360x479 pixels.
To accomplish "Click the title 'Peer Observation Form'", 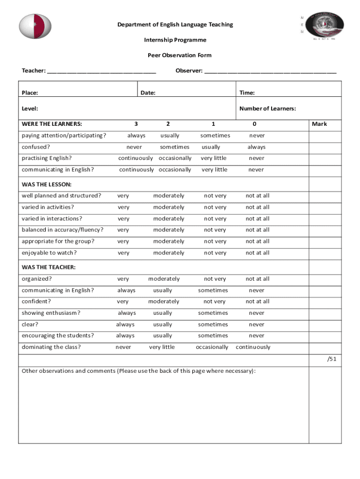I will [x=180, y=55].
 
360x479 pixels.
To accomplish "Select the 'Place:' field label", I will [x=30, y=93].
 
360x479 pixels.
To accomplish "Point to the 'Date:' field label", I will [x=148, y=93].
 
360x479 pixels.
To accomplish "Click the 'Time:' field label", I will [x=247, y=93].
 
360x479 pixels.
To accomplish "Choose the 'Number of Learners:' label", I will [x=267, y=109].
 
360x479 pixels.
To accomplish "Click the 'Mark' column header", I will [x=319, y=124].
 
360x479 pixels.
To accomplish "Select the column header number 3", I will [x=136, y=124].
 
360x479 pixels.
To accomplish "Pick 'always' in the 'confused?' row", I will [x=256, y=147].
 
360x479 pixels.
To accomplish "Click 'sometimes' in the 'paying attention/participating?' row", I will [x=215, y=136].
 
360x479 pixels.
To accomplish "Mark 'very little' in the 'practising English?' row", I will [x=214, y=158].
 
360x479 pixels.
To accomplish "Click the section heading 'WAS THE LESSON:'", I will [x=47, y=185].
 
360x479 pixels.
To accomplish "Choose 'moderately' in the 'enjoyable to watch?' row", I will [x=169, y=253].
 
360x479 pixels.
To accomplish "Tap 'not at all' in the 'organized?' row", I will [x=258, y=279].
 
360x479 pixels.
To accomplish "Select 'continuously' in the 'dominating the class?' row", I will [x=253, y=347].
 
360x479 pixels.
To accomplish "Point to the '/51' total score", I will [x=331, y=359].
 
